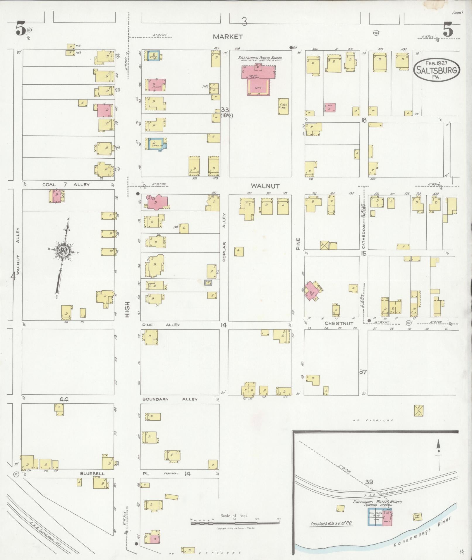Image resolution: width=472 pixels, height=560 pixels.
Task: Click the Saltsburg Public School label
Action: (x=260, y=58)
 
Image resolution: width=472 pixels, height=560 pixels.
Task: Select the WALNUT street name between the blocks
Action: (x=265, y=186)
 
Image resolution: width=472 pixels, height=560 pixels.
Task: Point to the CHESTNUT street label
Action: (x=339, y=323)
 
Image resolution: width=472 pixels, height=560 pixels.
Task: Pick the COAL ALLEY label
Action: (x=66, y=185)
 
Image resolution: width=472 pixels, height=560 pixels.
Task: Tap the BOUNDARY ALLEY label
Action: (x=170, y=399)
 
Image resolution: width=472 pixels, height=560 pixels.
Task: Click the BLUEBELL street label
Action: (x=92, y=473)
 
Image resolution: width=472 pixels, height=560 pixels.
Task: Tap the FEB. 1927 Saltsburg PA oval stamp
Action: (x=437, y=70)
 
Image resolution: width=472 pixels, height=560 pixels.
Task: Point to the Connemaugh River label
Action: (x=423, y=532)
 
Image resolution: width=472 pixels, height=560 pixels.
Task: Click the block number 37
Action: (x=363, y=372)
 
